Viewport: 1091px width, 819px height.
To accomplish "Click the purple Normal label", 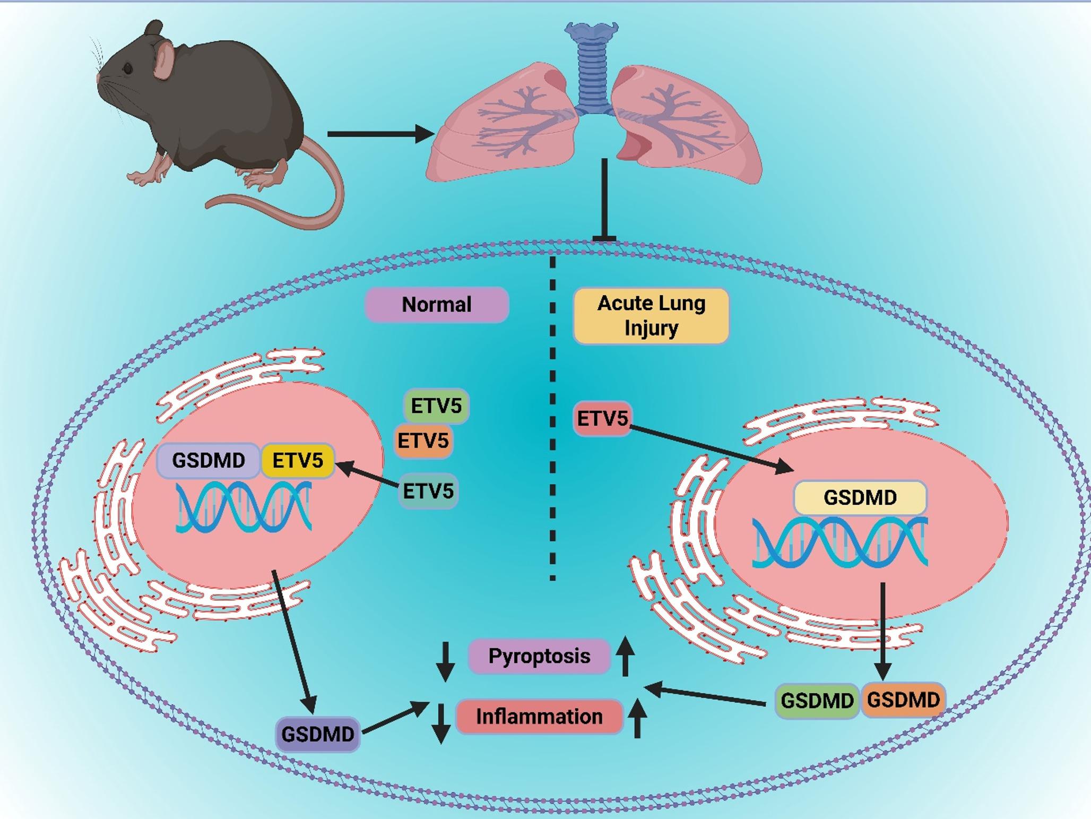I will point(437,305).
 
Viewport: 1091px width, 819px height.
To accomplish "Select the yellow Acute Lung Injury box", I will point(651,316).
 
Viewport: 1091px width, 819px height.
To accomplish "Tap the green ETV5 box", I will point(436,406).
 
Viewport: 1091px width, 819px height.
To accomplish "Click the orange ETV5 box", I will point(423,441).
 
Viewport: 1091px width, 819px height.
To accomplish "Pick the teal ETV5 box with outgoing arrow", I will point(428,491).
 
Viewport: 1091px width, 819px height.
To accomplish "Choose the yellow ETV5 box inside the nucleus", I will point(298,460).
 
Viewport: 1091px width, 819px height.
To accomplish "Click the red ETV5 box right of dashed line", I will point(602,419).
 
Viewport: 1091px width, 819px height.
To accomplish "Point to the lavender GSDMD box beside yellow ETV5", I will point(209,460).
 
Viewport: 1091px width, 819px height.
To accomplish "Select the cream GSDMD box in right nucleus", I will point(860,497).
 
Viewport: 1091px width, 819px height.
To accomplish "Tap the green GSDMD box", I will point(817,701).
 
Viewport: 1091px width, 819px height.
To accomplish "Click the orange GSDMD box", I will point(903,700).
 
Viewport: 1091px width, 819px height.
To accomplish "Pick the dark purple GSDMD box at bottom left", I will point(317,734).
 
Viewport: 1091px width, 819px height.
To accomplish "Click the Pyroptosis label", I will point(539,656).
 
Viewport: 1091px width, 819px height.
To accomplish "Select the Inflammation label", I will point(539,717).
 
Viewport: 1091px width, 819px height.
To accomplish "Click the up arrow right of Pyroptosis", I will point(625,657).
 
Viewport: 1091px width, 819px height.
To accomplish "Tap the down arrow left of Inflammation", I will point(441,723).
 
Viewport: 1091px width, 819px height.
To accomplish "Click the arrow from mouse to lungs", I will point(380,134).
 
